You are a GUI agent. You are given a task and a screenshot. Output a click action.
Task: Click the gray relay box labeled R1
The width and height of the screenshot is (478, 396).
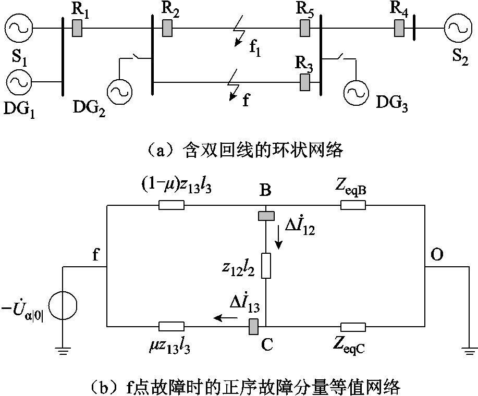(x=77, y=28)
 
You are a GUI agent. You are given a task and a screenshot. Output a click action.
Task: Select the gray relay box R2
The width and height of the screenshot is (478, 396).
(x=167, y=28)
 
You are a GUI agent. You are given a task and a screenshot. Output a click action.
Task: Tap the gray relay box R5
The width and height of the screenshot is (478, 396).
(x=305, y=28)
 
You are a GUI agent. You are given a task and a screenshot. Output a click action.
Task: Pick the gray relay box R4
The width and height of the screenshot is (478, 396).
(x=399, y=28)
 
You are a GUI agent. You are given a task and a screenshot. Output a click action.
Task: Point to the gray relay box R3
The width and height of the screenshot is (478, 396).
(x=305, y=82)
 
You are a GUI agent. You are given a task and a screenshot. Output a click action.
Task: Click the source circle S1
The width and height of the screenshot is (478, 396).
(x=19, y=28)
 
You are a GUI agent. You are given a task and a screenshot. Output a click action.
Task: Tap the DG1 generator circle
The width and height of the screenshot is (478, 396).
(x=19, y=82)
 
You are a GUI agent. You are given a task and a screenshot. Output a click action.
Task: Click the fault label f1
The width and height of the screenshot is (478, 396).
(x=255, y=48)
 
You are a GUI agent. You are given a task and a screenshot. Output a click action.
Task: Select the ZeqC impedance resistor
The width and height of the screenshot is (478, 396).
(x=353, y=327)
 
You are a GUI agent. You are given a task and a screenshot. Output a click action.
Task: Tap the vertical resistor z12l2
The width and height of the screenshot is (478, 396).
(x=266, y=266)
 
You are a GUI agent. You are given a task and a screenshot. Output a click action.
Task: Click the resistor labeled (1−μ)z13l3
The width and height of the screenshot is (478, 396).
(x=171, y=205)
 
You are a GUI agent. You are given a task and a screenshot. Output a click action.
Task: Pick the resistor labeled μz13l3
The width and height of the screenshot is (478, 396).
(x=171, y=327)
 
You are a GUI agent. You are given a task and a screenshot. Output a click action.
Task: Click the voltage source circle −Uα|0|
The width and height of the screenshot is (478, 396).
(x=63, y=305)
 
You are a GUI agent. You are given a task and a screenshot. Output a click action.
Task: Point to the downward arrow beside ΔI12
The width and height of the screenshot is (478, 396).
(x=279, y=241)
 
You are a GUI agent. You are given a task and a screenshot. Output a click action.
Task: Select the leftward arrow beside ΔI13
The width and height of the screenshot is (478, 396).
(x=226, y=318)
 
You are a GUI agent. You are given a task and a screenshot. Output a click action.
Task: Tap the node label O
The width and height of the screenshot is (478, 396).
(x=436, y=254)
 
